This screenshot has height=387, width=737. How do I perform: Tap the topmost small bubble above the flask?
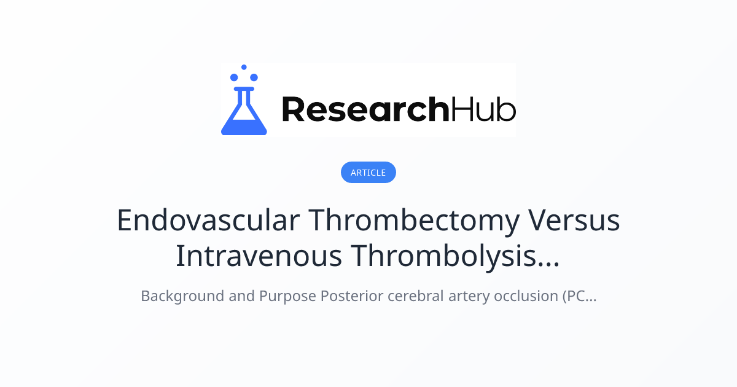(x=244, y=67)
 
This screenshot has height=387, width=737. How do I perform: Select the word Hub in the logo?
(x=483, y=109)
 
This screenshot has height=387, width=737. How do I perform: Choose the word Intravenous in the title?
(x=258, y=256)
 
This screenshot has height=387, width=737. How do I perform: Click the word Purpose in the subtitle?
(x=287, y=296)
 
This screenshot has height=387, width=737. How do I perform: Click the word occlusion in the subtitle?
(x=514, y=296)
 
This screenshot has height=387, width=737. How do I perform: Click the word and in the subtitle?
(x=237, y=296)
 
